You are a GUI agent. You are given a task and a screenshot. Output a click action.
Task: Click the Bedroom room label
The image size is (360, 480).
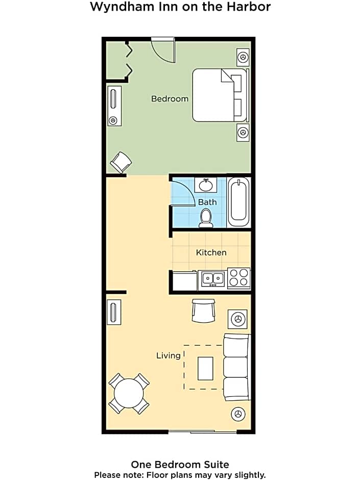point(170,99)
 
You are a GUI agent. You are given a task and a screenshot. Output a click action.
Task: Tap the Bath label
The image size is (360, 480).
point(207,202)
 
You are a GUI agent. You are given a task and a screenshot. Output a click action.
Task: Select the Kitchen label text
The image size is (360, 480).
point(211,253)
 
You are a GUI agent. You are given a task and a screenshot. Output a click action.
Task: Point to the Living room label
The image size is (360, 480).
point(169,356)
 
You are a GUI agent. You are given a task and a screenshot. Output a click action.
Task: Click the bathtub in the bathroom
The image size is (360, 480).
point(239,202)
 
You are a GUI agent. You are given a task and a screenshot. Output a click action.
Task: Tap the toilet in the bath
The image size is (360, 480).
point(206,218)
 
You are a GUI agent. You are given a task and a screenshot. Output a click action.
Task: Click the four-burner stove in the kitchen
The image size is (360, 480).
point(239,278)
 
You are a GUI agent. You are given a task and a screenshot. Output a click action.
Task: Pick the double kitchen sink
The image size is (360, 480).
point(212,279)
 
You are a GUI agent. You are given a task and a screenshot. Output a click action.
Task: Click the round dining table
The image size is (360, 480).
point(129,393)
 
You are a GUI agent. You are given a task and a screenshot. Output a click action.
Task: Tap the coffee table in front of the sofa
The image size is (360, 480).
point(205,368)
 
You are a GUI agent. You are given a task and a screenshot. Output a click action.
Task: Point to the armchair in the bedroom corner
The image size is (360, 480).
point(121,162)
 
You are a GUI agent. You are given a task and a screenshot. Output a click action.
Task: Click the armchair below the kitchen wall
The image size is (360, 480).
point(203,310)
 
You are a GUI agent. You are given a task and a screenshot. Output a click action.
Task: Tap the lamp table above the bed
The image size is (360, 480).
point(243,57)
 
